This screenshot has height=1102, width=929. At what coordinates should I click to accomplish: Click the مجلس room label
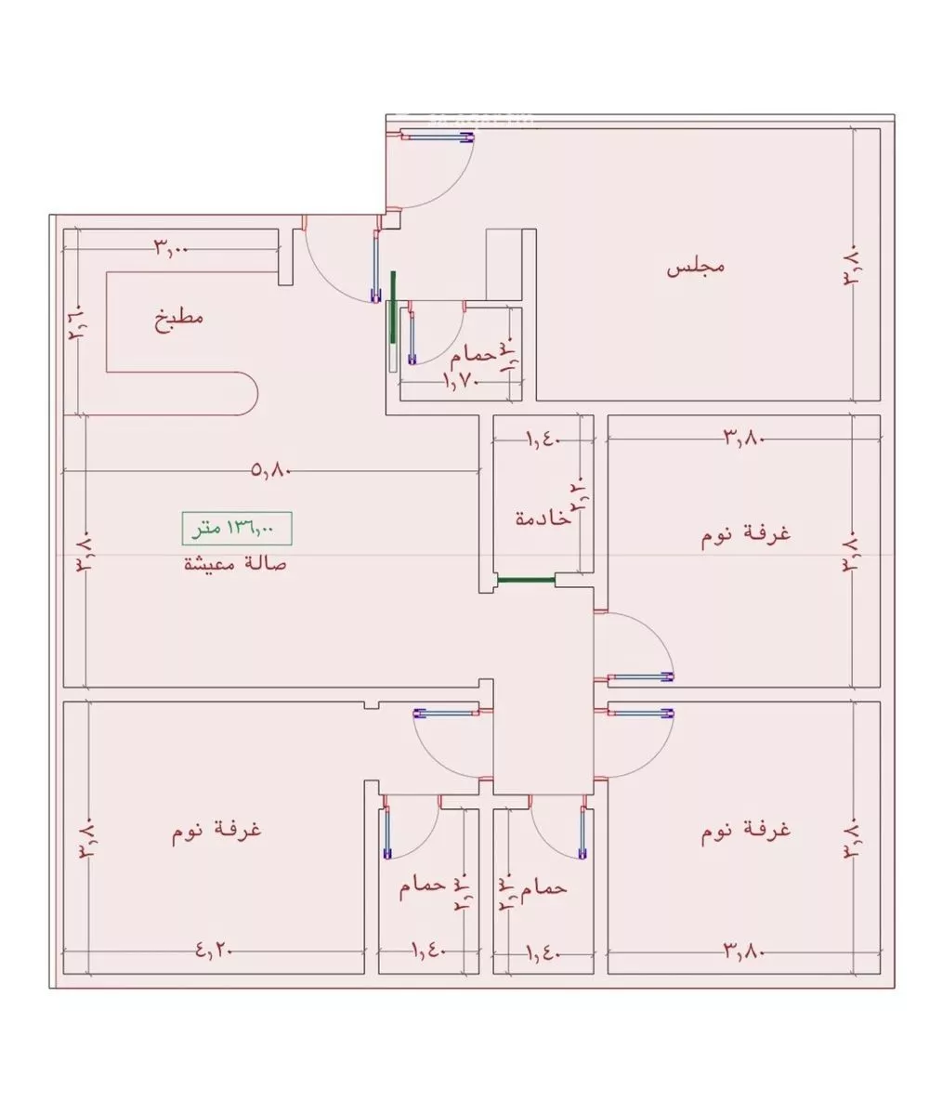695,268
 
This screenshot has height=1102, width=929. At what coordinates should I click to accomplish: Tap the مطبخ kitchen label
178,319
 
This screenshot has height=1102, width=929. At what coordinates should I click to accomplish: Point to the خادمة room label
543,518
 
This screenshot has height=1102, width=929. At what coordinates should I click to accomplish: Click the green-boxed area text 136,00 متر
236,529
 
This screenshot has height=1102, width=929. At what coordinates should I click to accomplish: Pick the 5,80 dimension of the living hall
271,471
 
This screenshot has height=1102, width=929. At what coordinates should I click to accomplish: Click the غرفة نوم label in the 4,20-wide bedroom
216,829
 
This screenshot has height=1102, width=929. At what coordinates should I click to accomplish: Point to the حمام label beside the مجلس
470,355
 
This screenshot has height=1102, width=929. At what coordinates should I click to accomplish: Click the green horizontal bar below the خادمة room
526,580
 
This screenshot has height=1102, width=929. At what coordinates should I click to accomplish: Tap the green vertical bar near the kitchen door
393,308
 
